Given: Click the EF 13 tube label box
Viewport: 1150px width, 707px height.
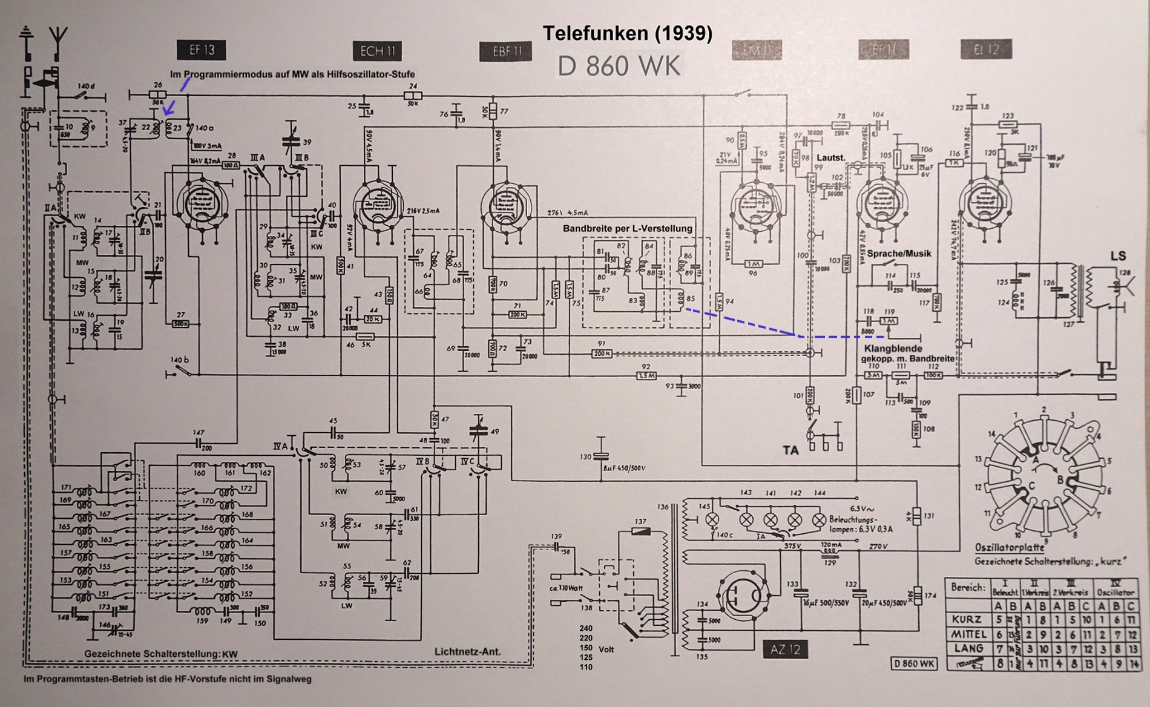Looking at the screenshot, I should (202, 50).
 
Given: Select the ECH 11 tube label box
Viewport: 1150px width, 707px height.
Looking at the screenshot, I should (376, 51).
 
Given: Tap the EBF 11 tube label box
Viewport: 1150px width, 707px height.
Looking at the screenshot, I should (505, 51).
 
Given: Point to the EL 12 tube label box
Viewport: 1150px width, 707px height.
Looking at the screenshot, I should (987, 50).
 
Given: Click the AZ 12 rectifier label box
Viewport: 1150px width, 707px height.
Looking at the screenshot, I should (785, 650).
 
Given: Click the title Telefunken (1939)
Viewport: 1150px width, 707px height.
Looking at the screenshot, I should (627, 33).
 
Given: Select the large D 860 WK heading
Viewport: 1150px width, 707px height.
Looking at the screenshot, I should (619, 66).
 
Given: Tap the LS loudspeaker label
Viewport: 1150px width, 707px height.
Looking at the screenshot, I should (1118, 256).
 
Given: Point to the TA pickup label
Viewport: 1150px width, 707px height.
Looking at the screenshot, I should (790, 450).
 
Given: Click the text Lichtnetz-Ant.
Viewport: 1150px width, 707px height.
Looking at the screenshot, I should (467, 651).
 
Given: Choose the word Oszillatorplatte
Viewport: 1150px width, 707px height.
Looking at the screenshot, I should (1010, 547).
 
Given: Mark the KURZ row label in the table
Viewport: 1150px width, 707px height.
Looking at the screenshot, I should (967, 619).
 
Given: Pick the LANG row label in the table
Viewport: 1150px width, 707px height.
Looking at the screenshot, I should (968, 648).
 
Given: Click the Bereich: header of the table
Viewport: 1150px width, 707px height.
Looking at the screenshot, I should (968, 587).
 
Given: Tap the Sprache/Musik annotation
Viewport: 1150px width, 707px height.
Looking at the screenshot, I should (899, 253).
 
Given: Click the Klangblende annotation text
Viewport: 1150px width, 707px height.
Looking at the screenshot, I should (893, 349).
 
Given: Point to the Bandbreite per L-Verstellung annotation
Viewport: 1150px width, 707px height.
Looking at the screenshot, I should (627, 228).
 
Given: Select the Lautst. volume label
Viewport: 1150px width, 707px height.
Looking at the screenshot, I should (830, 157).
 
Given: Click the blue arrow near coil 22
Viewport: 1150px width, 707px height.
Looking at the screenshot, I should (169, 108).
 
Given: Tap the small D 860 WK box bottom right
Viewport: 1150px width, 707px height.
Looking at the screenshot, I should (914, 664).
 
